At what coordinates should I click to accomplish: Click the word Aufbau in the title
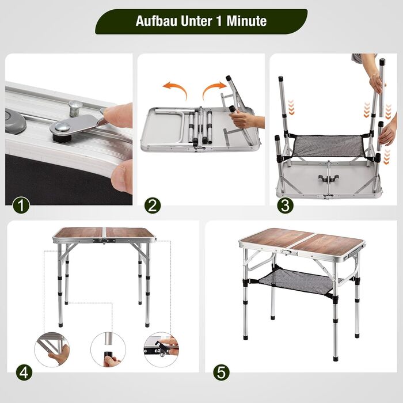(x=157, y=21)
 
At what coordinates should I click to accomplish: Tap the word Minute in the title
(x=246, y=21)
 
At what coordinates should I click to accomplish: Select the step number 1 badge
(x=21, y=205)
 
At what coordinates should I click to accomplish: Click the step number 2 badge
(x=153, y=205)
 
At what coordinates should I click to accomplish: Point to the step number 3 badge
(x=285, y=205)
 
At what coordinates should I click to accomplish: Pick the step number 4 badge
(x=24, y=372)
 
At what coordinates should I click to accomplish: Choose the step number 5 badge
(x=221, y=372)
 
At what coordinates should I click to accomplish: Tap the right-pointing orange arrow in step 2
(x=214, y=89)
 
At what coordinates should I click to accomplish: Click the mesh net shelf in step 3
(x=330, y=146)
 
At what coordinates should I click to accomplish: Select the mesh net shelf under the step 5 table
(x=300, y=281)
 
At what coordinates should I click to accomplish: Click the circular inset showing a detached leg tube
(x=108, y=349)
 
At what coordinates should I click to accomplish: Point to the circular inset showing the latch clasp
(x=161, y=349)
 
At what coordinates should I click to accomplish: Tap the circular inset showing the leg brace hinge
(x=52, y=349)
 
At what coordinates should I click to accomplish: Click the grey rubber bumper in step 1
(x=15, y=121)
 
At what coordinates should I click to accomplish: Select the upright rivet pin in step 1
(x=75, y=108)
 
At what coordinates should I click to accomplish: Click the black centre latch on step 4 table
(x=104, y=241)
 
